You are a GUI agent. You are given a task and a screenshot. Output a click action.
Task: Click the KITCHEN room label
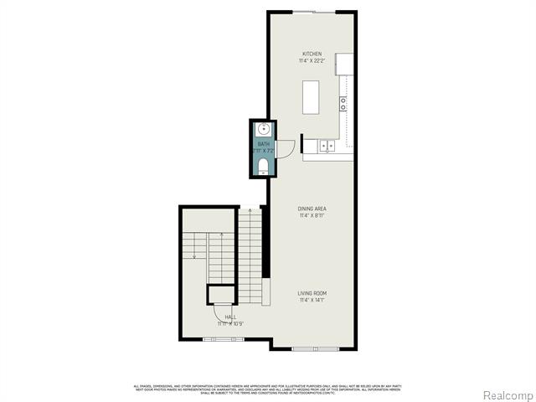(x=312, y=54)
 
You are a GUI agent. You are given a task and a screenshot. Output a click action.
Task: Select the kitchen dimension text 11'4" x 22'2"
(x=312, y=61)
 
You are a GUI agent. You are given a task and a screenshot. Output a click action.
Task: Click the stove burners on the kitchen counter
(x=343, y=104)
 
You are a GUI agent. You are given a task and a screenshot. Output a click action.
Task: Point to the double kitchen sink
(x=327, y=146)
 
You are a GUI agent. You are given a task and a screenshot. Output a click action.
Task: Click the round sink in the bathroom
(x=262, y=130)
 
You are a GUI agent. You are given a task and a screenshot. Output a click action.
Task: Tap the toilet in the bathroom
(x=262, y=165)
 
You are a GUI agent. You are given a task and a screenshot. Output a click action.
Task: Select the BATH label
(x=263, y=144)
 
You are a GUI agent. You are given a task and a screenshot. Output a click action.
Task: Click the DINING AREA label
(x=312, y=209)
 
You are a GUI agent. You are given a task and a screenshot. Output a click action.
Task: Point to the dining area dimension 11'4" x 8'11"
(x=312, y=215)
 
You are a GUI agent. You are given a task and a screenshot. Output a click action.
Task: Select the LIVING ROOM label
(x=312, y=293)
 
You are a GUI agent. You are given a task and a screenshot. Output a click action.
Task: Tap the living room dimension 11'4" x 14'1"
(x=312, y=300)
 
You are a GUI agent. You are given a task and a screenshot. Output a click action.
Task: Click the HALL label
(x=229, y=317)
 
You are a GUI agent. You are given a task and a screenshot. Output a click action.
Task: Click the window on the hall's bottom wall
(x=223, y=339)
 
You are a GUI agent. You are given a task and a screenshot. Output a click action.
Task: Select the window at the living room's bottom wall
(x=315, y=348)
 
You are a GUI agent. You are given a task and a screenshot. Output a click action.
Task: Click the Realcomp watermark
(x=505, y=394)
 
